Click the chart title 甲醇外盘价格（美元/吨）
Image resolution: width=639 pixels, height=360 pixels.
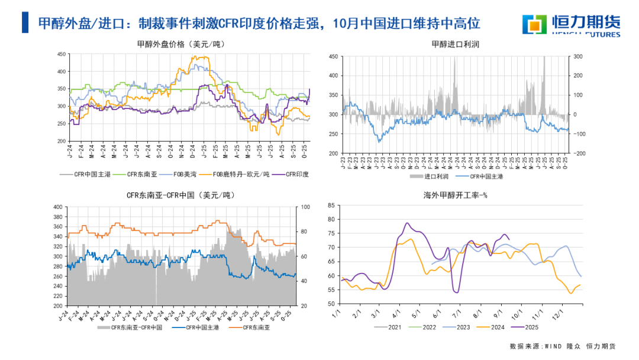181,44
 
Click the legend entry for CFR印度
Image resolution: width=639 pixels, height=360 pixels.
298,174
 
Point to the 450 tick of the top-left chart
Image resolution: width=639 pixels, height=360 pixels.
61,54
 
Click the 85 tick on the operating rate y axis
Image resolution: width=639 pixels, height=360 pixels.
331,205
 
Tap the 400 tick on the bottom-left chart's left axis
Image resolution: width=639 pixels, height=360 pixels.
57,207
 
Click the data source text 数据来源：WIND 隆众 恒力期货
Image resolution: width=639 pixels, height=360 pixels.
562,346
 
